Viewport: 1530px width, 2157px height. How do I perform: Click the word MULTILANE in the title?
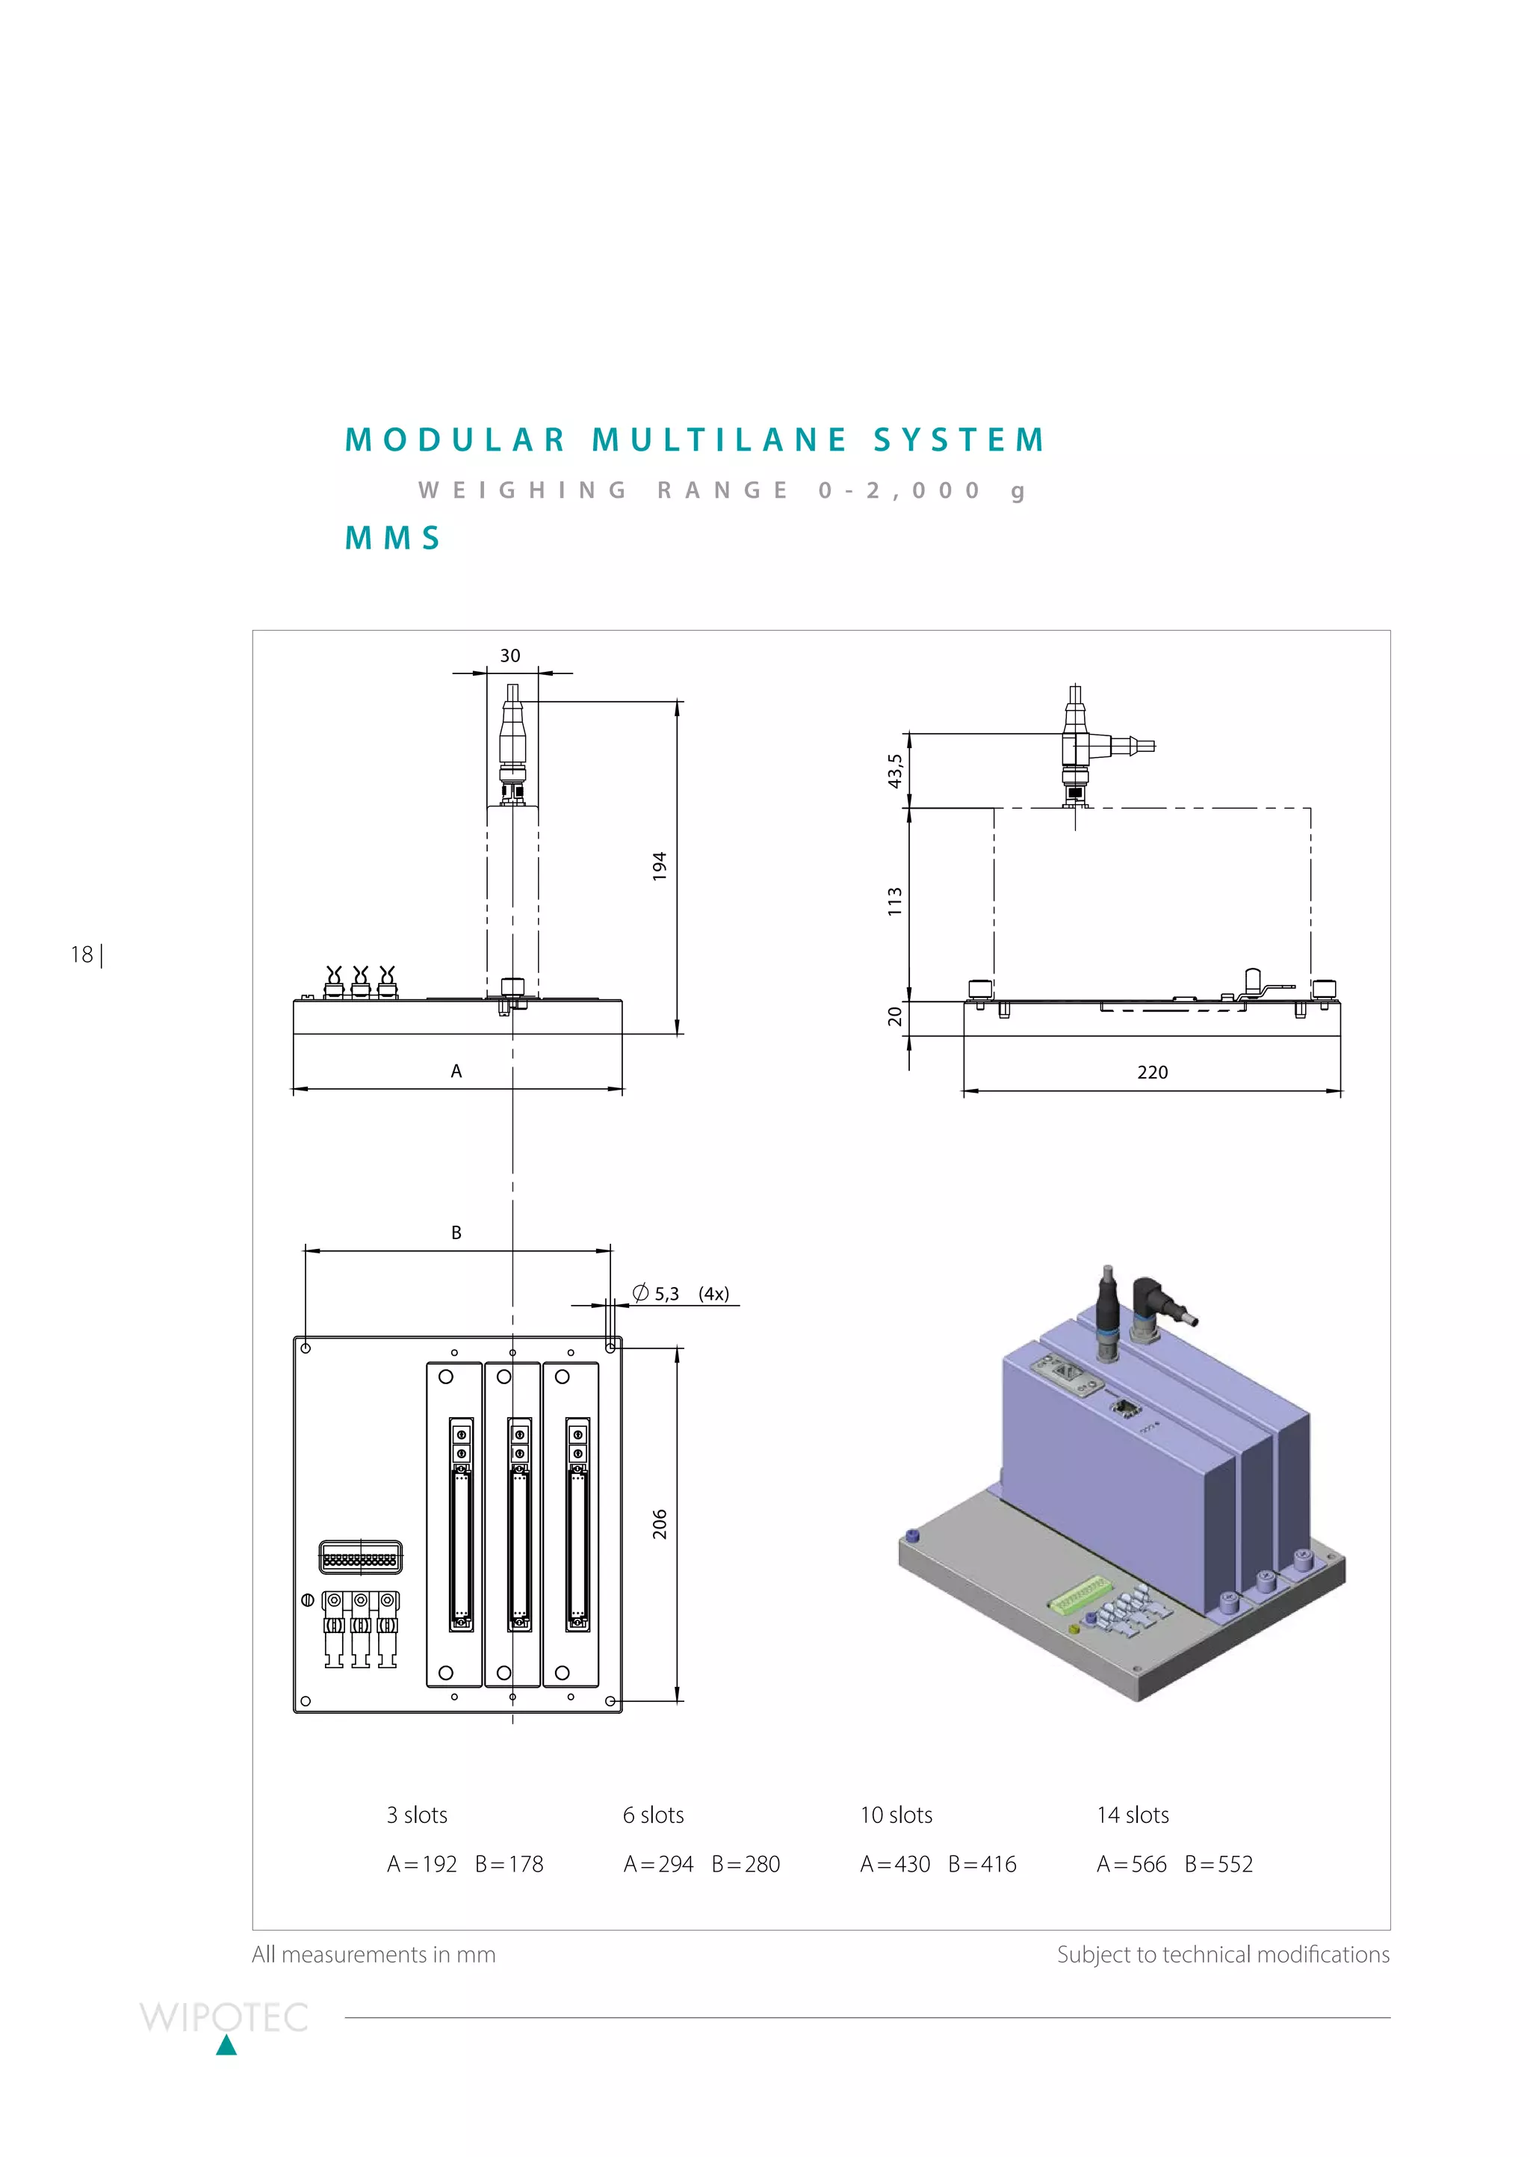[x=719, y=440]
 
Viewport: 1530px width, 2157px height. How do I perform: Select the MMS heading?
[x=393, y=538]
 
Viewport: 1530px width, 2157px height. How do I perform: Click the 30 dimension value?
[x=510, y=656]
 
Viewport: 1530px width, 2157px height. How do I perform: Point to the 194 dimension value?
[x=660, y=866]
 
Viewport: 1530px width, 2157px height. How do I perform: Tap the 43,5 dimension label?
[x=895, y=770]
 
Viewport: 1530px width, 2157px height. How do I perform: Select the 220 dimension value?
[x=1152, y=1073]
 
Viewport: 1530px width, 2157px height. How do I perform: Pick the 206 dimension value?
[x=660, y=1524]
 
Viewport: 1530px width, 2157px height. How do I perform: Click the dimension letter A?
[x=456, y=1072]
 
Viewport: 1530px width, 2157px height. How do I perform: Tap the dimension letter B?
[x=456, y=1232]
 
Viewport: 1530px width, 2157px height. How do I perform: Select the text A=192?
[x=421, y=1864]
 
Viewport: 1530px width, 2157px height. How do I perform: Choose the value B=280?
[x=746, y=1864]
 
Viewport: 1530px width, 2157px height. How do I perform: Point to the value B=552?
[x=1218, y=1864]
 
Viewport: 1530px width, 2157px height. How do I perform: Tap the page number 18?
[x=82, y=954]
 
